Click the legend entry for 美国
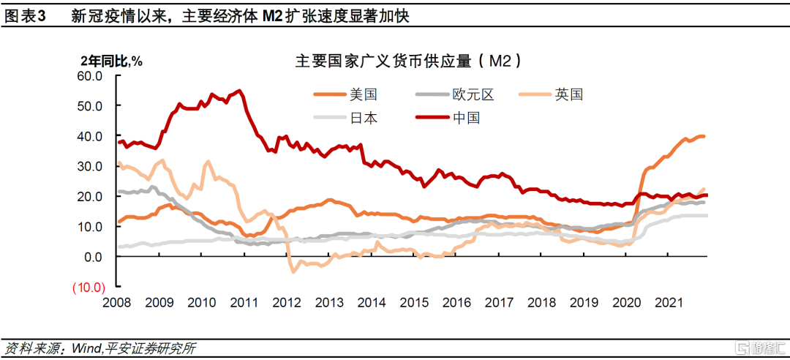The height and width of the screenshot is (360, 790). click(x=363, y=94)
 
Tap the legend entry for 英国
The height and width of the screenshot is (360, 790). click(x=568, y=94)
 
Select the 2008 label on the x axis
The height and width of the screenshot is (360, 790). click(x=118, y=303)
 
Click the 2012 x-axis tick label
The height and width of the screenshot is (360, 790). click(x=287, y=303)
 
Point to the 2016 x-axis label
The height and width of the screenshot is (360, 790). click(x=456, y=303)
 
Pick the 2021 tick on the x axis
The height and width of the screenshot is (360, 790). click(x=669, y=303)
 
